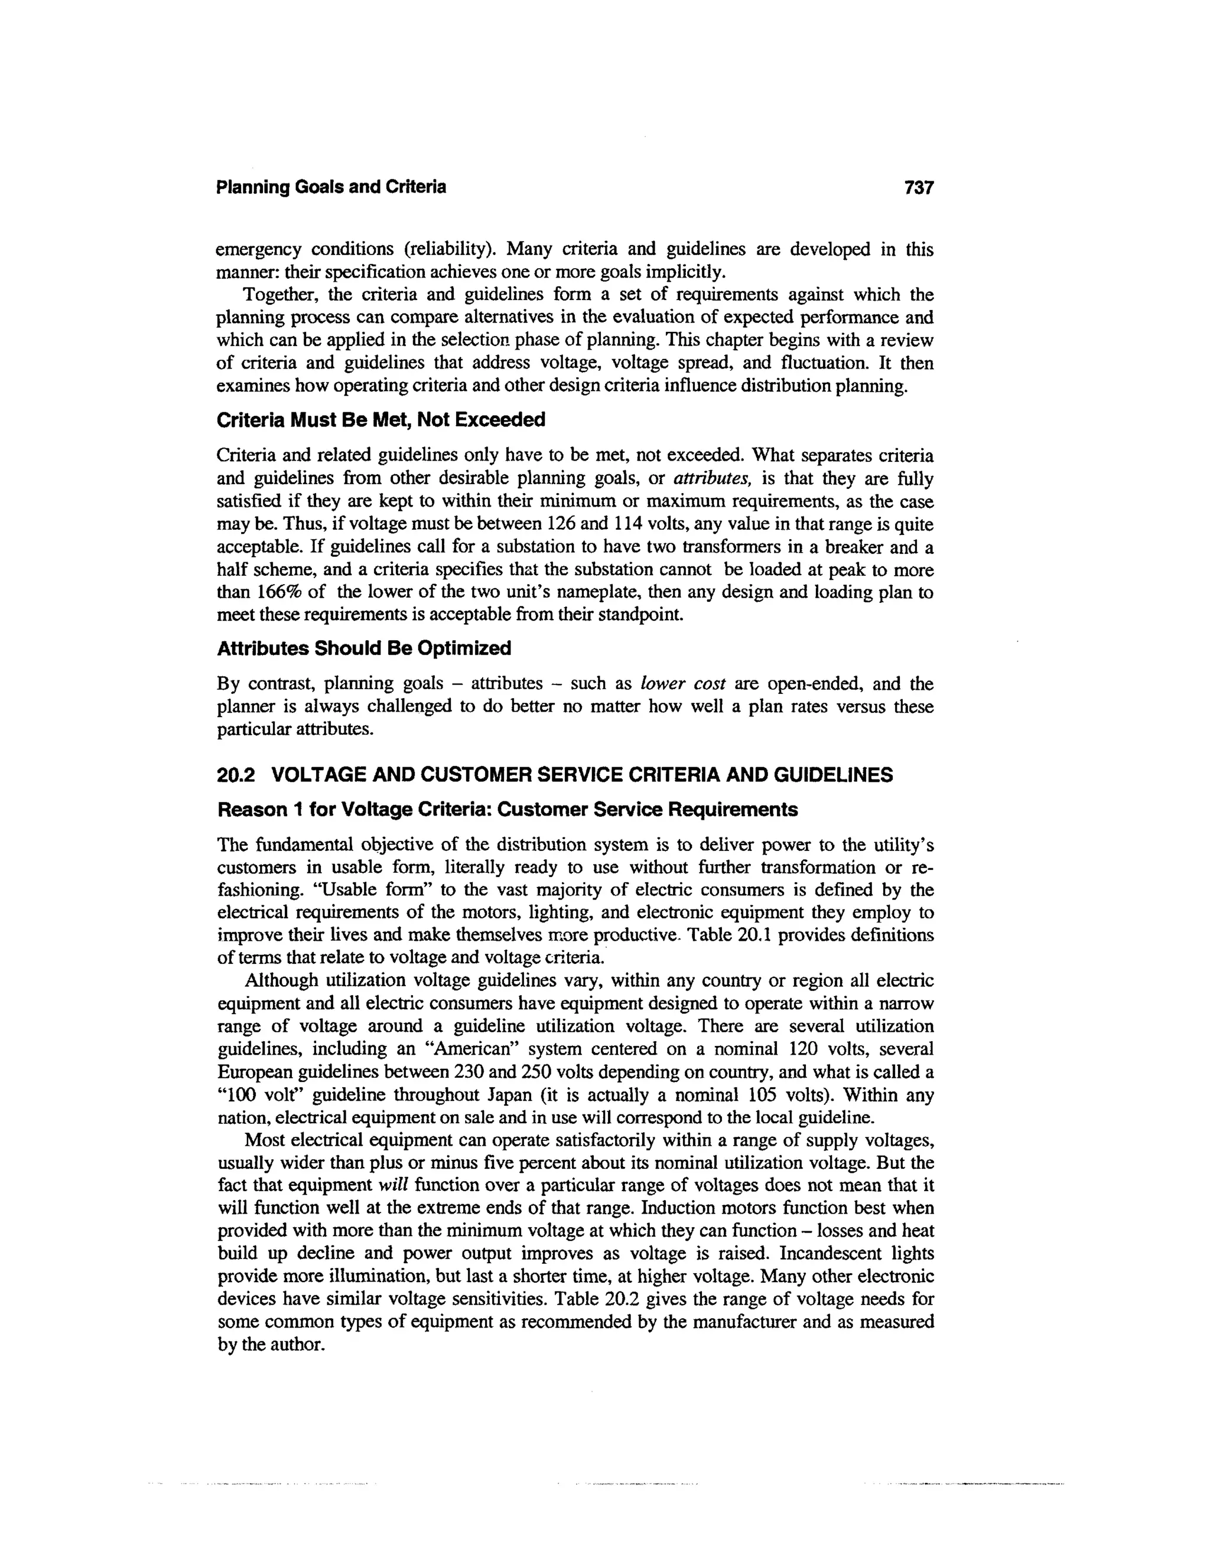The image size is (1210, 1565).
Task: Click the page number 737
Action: coord(919,188)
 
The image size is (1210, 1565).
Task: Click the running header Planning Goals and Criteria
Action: coord(331,188)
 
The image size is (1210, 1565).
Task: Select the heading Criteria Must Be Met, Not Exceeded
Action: coord(380,420)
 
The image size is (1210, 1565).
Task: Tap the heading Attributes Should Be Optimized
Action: coord(364,648)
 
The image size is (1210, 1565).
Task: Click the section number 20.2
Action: coord(236,775)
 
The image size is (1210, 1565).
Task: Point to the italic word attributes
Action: coord(706,479)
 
